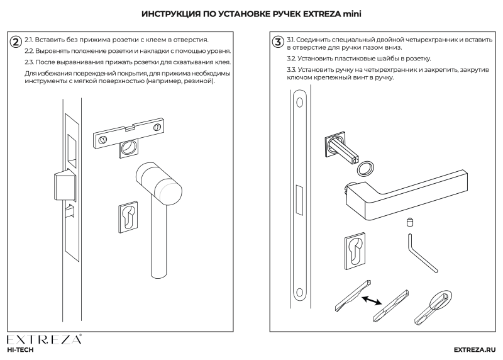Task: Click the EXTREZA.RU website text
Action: tap(475, 349)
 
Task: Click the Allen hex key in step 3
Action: tap(421, 252)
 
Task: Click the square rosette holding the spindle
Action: tap(334, 143)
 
